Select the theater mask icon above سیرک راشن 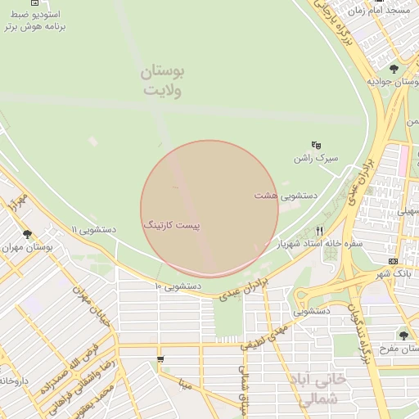tap(317, 144)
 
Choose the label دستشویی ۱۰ tap(178, 286)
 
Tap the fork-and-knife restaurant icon tap(320, 231)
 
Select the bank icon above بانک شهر tap(394, 261)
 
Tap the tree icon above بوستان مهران tap(28, 234)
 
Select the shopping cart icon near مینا tap(160, 359)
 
